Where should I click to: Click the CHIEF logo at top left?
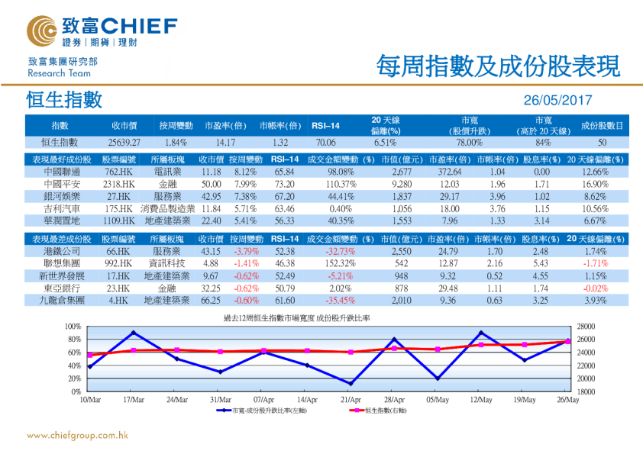[x=101, y=31]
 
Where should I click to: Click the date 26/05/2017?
[x=557, y=101]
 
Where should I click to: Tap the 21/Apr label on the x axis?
[x=351, y=399]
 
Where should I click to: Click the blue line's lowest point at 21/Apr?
[x=351, y=384]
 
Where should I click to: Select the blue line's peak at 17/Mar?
[x=134, y=332]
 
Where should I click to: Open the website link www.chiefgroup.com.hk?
[x=77, y=436]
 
